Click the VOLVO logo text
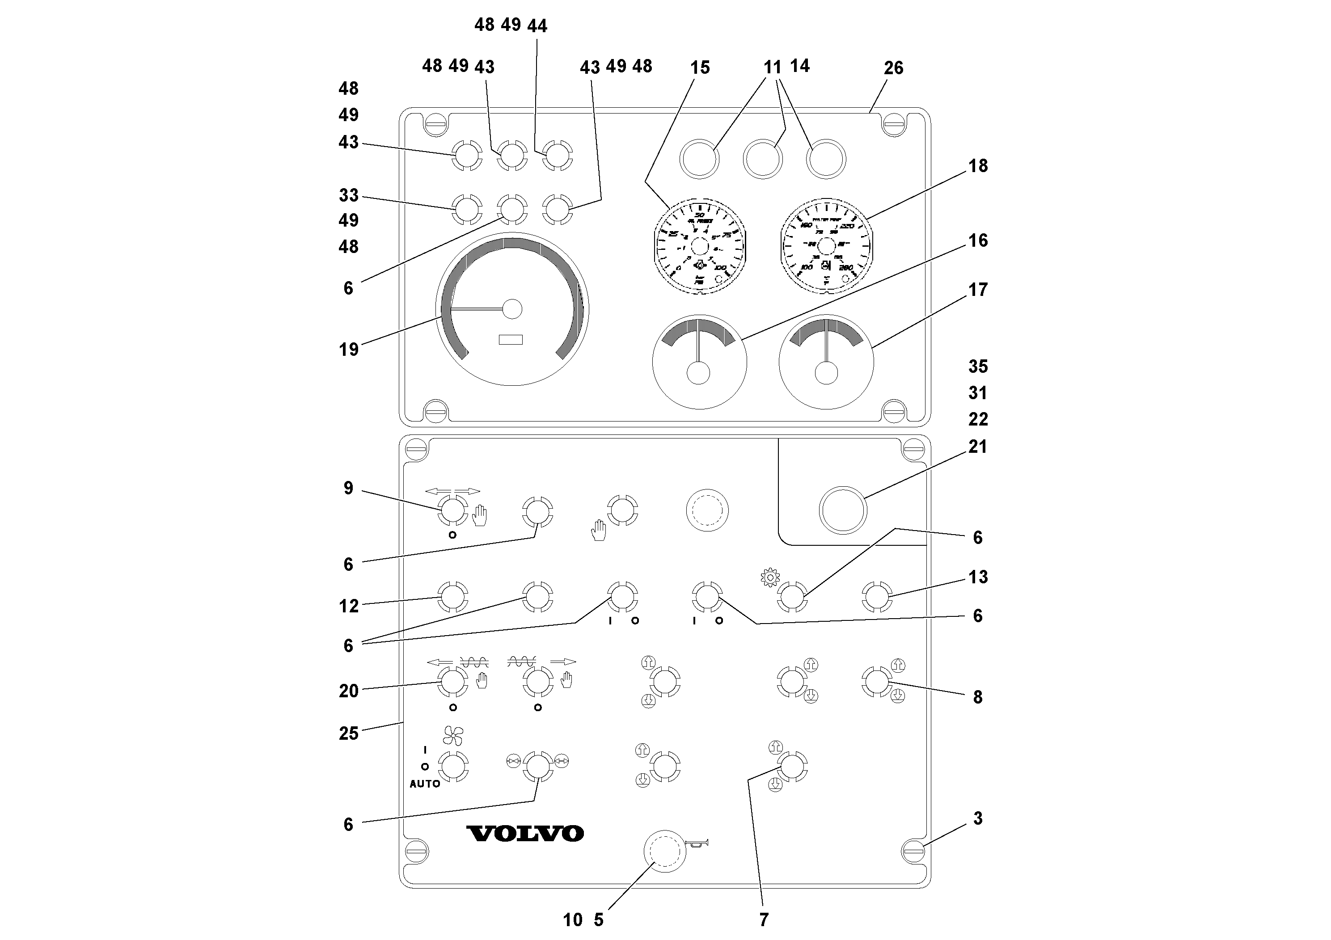[524, 833]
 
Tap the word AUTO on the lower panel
[424, 784]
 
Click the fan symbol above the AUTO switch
[453, 735]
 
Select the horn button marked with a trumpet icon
[665, 850]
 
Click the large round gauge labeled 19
[512, 309]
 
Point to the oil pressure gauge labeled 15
[699, 247]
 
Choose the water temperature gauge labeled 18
[825, 247]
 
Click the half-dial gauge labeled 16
[699, 362]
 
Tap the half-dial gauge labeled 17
[825, 362]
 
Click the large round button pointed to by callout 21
[843, 510]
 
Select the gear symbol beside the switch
[770, 578]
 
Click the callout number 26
[893, 68]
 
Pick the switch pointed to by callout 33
[467, 209]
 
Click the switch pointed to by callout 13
[876, 597]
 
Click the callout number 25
[348, 733]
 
